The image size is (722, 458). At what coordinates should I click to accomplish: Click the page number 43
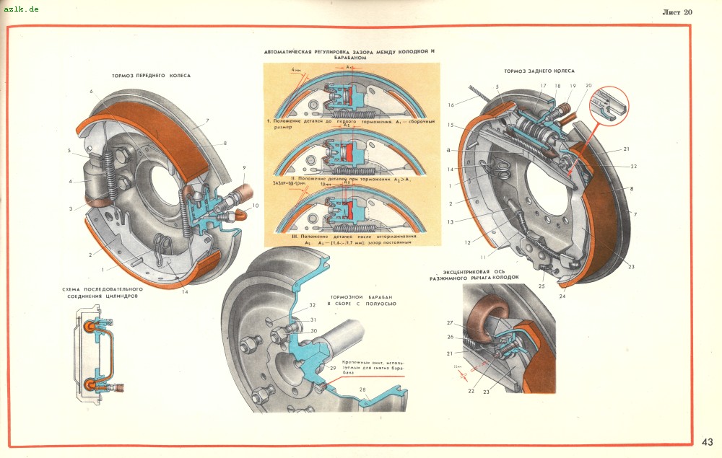[707, 442]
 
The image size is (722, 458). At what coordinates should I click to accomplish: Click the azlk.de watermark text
[20, 9]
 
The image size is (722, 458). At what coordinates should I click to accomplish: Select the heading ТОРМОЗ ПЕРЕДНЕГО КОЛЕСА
[151, 75]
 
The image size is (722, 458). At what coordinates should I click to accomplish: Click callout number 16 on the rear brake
[451, 105]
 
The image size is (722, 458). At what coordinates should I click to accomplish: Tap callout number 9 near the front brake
[243, 168]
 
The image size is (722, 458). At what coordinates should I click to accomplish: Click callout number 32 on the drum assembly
[313, 305]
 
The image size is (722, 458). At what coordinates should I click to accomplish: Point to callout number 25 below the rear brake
[541, 286]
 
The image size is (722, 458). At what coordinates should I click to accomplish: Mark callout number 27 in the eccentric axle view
[448, 323]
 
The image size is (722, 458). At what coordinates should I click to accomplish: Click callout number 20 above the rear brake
[588, 86]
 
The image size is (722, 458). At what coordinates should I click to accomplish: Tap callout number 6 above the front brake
[92, 92]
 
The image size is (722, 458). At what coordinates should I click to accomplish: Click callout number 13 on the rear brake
[449, 222]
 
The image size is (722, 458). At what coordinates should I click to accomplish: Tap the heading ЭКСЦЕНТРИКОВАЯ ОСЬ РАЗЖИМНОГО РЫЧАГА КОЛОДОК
[474, 276]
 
